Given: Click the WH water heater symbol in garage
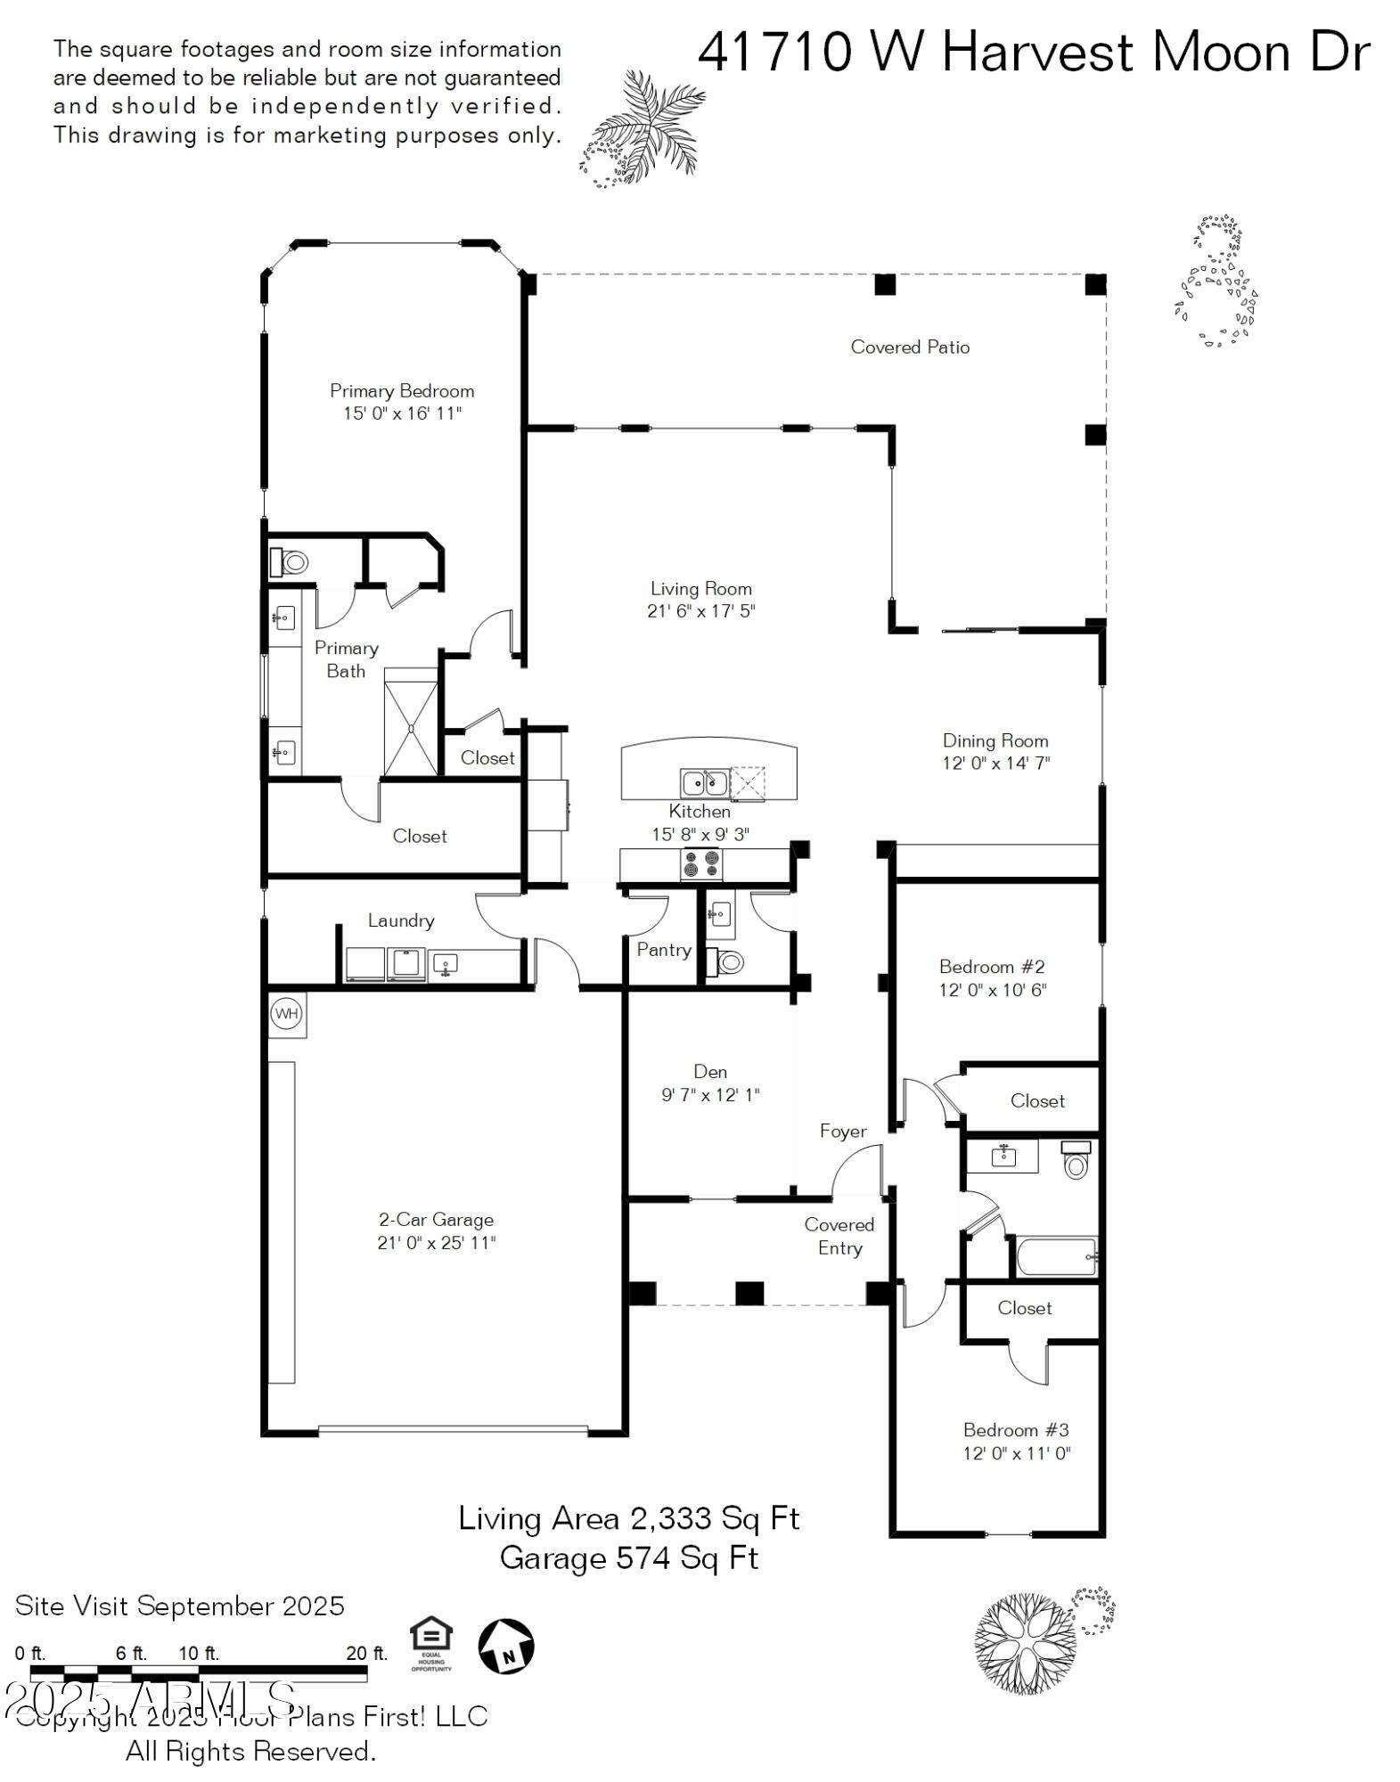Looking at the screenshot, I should point(286,1013).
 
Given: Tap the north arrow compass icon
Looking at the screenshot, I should point(506,1645).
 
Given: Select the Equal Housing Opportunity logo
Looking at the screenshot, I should point(431,1645).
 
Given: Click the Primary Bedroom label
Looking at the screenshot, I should point(402,390).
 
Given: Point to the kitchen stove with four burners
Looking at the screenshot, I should point(700,864).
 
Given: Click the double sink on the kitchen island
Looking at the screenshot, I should point(704,783).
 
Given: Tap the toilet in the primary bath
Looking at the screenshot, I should point(291,562).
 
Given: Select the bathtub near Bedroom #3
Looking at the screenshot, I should point(1057,1257).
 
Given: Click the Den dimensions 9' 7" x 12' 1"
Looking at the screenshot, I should point(710,1095).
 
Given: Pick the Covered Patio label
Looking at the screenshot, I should point(910,347).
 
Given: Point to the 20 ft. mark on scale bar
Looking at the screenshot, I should point(366,1654).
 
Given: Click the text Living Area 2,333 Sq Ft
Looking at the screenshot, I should point(629,1518).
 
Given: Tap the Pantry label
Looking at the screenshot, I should point(663,950).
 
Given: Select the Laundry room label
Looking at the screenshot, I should point(401,920).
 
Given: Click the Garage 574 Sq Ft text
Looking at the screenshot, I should point(629,1557).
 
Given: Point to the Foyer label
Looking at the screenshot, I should point(843,1131).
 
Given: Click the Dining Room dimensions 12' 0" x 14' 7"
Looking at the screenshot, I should point(995,764).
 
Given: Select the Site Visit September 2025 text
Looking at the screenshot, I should point(180,1606).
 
